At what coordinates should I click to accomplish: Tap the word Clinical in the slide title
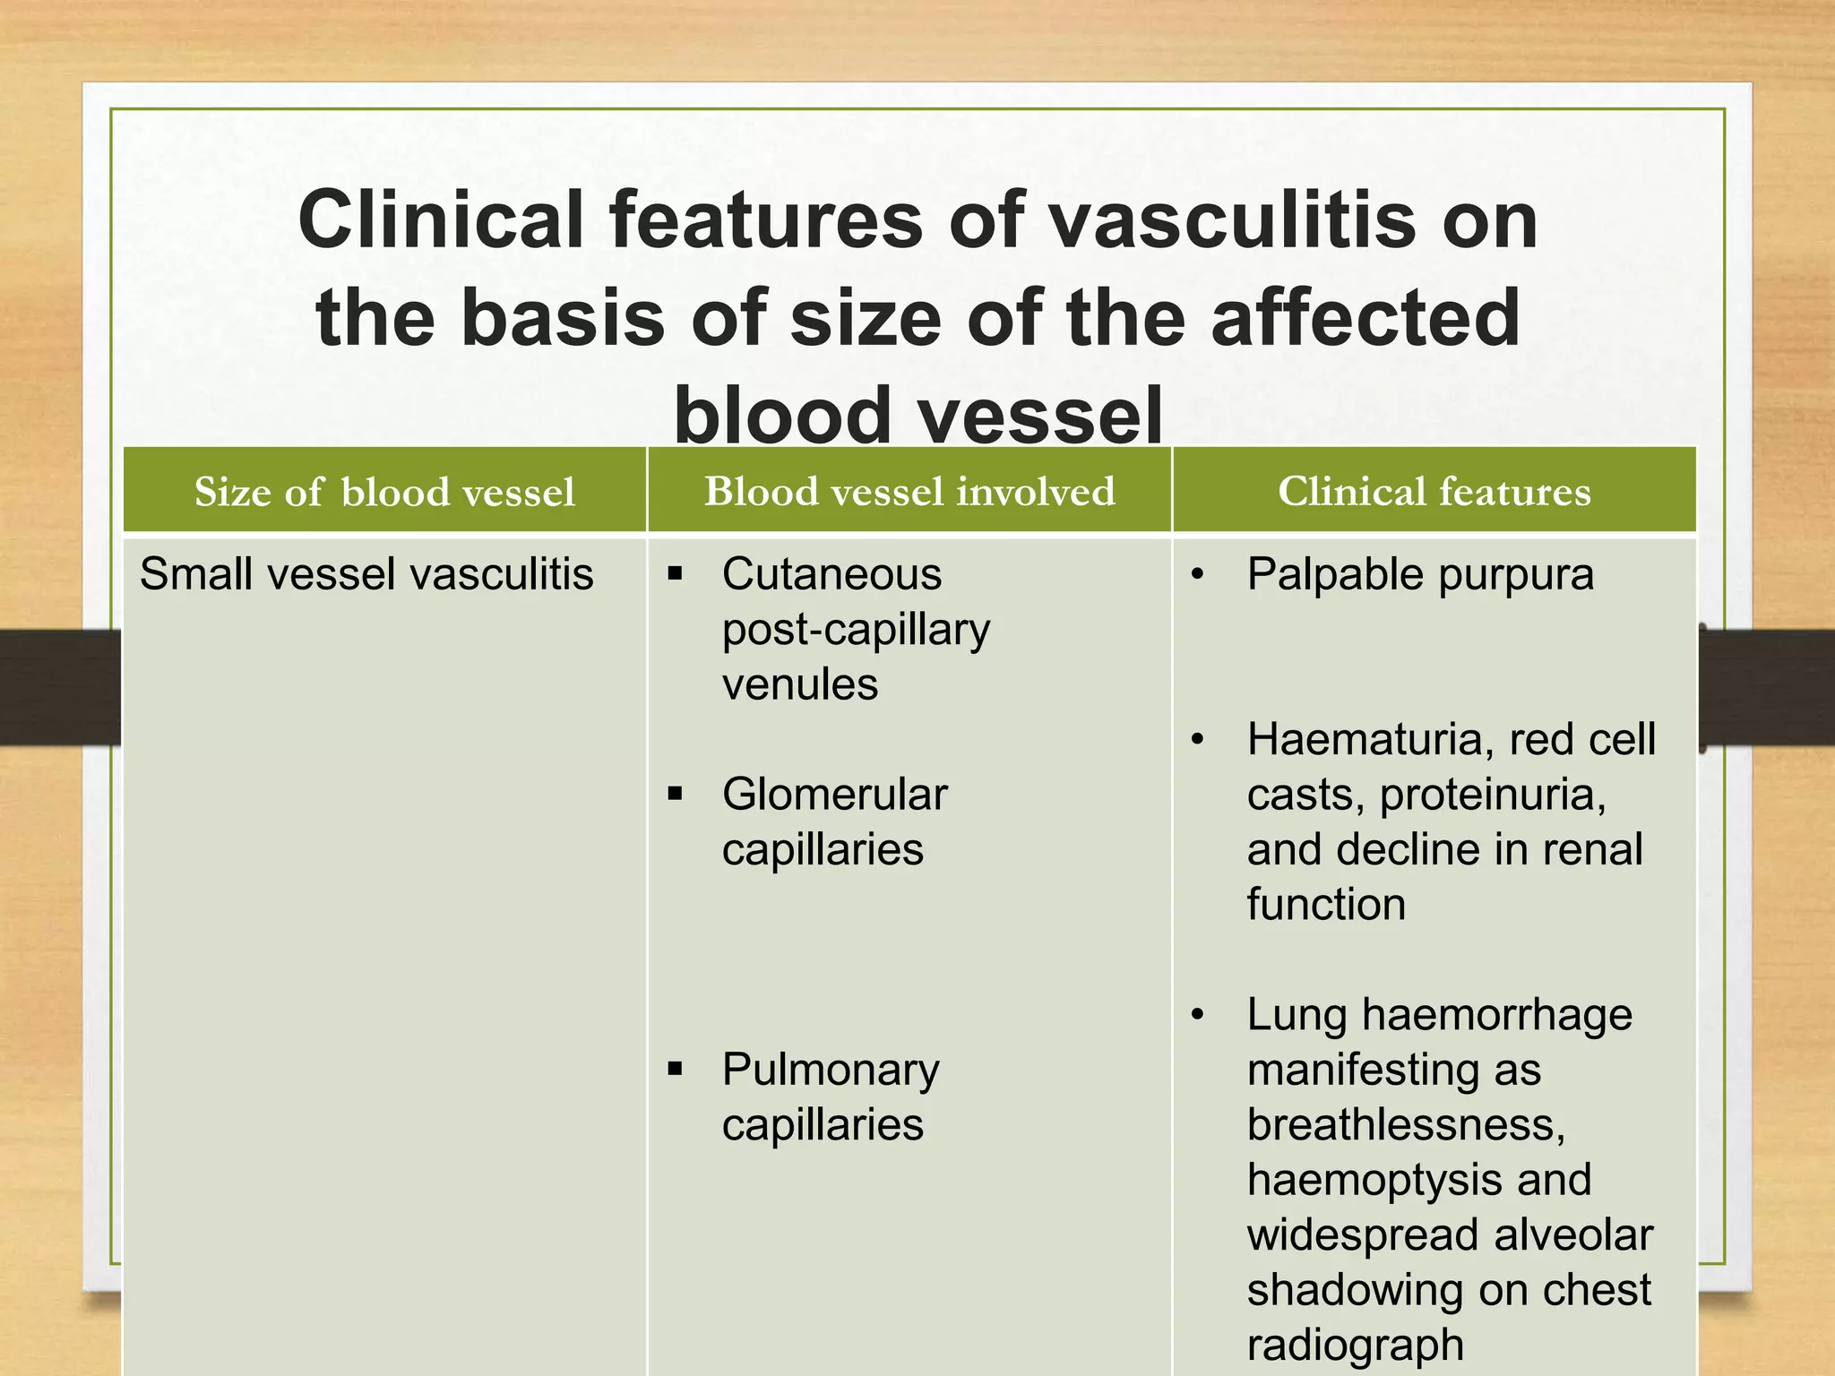[440, 220]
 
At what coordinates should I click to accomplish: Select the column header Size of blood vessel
[384, 492]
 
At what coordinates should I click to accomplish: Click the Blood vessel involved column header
[909, 491]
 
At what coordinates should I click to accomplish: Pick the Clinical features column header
[1434, 491]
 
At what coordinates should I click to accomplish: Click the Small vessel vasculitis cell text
[366, 574]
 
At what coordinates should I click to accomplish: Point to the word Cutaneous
[831, 574]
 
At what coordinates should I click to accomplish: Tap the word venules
[799, 684]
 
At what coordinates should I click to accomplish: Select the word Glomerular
[834, 795]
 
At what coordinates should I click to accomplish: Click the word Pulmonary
[831, 1070]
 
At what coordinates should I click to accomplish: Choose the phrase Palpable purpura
[1420, 574]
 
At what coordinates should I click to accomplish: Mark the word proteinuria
[1492, 795]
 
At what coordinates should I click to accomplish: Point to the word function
[1326, 905]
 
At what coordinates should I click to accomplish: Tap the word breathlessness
[1405, 1125]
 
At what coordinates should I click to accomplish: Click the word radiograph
[1355, 1345]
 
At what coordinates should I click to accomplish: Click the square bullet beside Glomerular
[676, 794]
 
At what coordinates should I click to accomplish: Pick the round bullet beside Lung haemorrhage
[1197, 1015]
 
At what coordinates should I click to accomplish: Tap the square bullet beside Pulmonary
[676, 1069]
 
